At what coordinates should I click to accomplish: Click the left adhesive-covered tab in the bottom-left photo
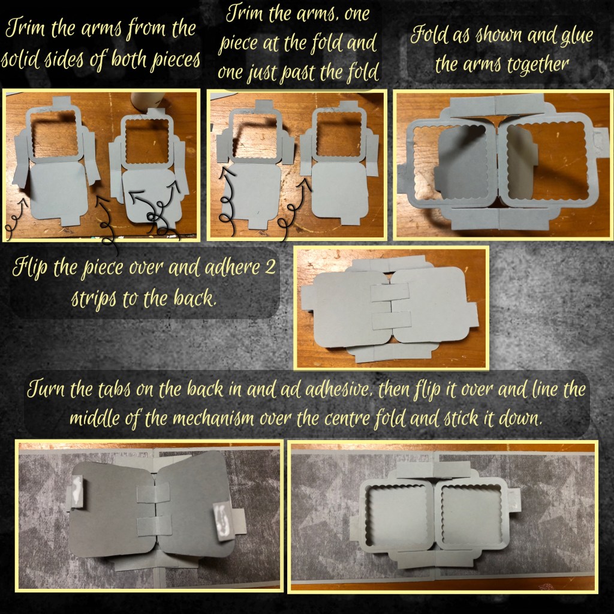[x=76, y=492]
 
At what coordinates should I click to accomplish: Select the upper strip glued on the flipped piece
[x=390, y=293]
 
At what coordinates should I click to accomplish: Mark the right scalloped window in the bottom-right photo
[x=469, y=514]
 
